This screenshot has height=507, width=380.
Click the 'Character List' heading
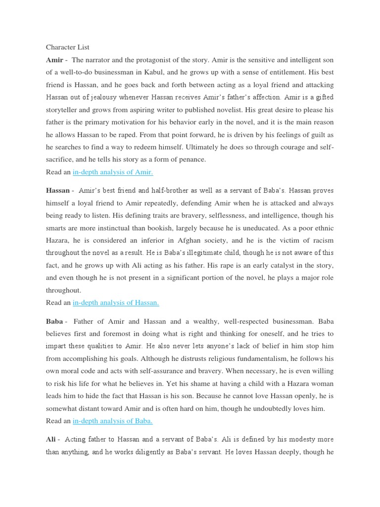click(68, 47)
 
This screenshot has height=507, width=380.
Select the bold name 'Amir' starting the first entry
click(54, 60)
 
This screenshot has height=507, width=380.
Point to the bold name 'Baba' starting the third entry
click(54, 321)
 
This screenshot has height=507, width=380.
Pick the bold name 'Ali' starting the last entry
click(51, 439)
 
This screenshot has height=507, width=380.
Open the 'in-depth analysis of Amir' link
click(113, 172)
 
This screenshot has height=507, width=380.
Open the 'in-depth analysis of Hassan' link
click(116, 302)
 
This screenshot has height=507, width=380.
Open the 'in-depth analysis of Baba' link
click(112, 420)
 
